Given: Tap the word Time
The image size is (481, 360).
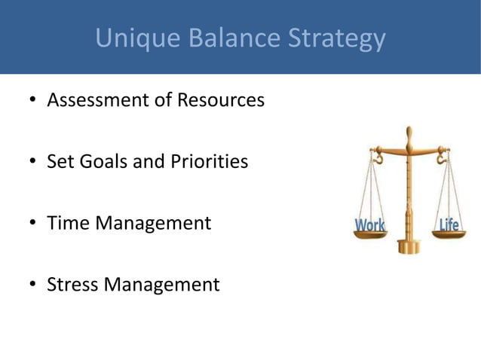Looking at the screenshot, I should point(65,224).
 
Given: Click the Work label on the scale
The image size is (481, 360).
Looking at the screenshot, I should point(369,225).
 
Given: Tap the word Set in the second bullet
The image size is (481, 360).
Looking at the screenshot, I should point(60,161).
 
